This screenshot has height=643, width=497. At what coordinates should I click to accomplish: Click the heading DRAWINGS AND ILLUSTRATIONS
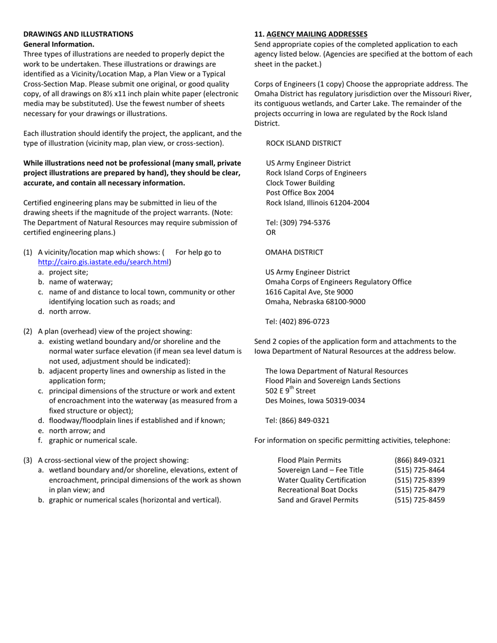click(78, 34)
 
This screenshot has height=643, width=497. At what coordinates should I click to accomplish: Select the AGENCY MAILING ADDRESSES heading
click(317, 34)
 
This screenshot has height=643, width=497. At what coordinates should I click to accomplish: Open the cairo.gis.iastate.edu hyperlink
click(104, 262)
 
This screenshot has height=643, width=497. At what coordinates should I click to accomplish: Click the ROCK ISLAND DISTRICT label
click(303, 143)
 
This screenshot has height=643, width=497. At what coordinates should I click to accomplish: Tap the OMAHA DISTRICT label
click(294, 252)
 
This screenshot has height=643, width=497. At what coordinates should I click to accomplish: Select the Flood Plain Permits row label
click(309, 460)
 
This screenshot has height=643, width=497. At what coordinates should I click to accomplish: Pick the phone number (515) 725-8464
click(420, 470)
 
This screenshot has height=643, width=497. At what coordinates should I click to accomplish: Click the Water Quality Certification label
click(322, 480)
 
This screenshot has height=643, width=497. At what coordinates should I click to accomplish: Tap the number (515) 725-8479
click(420, 490)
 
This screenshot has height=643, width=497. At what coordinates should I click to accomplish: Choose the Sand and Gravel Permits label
click(318, 500)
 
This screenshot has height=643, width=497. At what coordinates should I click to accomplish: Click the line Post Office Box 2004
click(300, 193)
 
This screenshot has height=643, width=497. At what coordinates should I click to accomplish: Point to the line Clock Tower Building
click(300, 183)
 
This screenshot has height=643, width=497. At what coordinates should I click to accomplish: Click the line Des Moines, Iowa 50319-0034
click(315, 401)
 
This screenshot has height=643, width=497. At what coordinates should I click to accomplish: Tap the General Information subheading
click(59, 44)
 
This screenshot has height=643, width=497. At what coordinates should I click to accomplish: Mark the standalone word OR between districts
click(270, 233)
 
